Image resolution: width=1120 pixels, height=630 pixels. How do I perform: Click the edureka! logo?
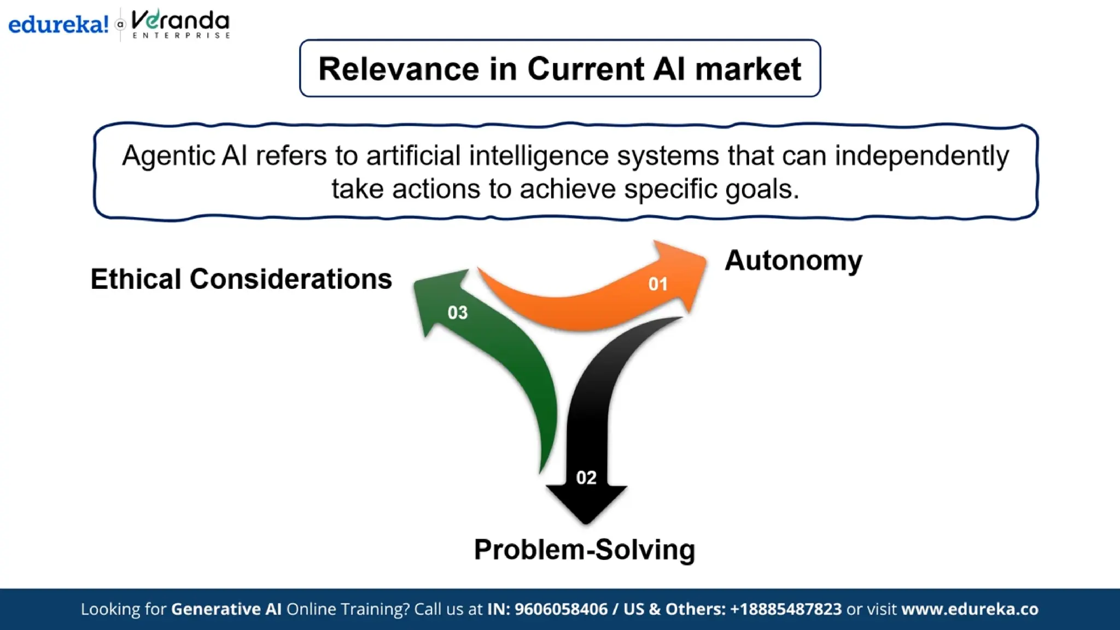(58, 25)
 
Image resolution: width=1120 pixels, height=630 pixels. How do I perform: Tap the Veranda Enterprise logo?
(180, 25)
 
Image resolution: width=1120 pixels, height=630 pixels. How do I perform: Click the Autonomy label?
(793, 260)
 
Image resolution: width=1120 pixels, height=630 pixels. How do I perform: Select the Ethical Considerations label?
(241, 279)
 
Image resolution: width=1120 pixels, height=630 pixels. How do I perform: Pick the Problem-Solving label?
(584, 550)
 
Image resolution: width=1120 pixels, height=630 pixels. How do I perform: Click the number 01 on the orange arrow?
(658, 284)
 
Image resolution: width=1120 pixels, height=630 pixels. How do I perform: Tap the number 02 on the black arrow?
(586, 477)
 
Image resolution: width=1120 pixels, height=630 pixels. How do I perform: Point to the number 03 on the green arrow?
(458, 313)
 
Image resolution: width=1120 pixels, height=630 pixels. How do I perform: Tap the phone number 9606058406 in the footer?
(561, 609)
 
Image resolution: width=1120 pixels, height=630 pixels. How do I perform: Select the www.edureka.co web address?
(970, 609)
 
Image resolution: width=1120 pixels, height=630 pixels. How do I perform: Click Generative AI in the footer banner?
(226, 609)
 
